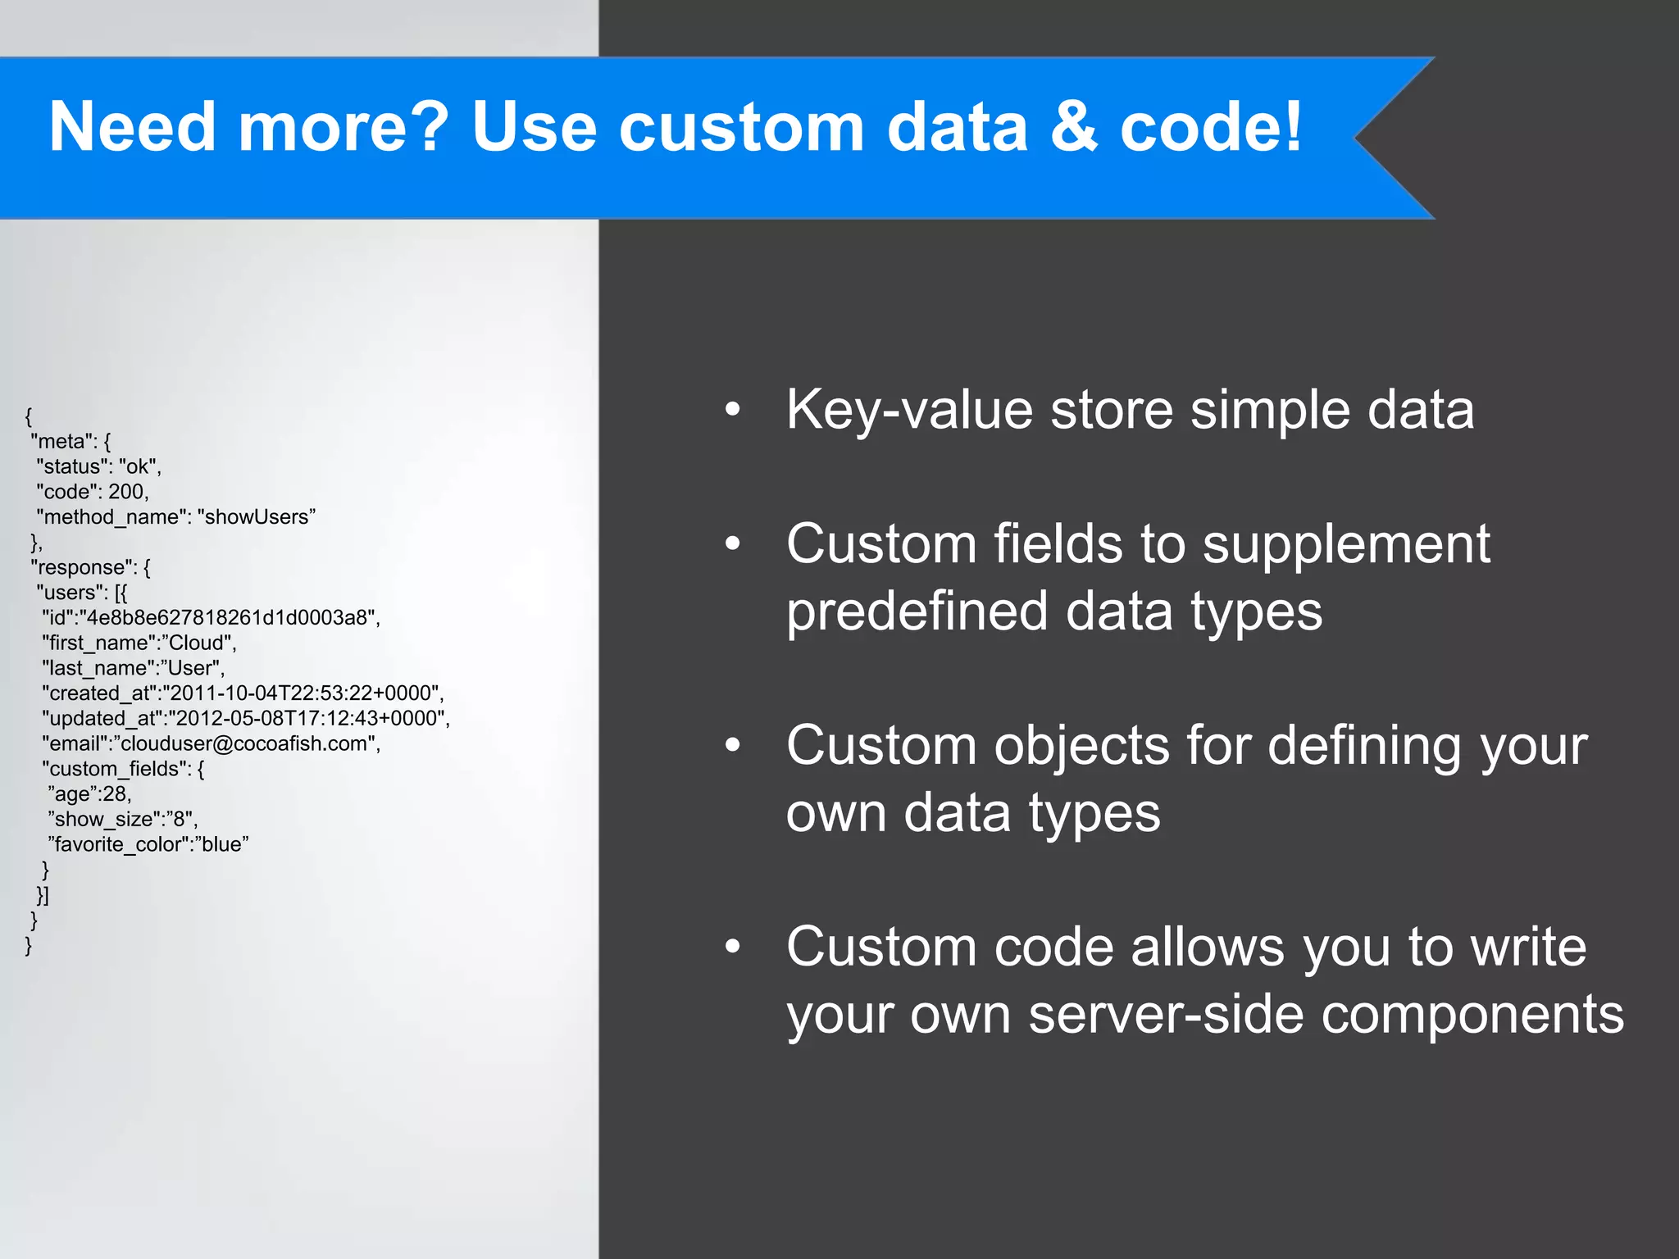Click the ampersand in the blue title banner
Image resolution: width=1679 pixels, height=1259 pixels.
pos(1074,127)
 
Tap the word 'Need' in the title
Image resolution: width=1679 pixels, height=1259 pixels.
pos(132,127)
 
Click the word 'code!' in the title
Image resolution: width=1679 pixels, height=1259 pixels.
pos(1210,127)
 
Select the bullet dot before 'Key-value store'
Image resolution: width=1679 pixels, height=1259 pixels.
pos(732,409)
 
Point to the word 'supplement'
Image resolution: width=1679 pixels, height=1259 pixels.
pos(1345,544)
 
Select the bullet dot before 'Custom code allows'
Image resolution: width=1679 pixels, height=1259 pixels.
pos(732,947)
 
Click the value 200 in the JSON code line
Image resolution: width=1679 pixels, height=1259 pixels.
pos(127,492)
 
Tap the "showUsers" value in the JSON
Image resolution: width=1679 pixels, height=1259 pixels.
pos(256,517)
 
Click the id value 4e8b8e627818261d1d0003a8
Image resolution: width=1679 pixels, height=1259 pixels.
pos(229,618)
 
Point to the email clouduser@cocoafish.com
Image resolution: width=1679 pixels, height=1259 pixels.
pos(245,744)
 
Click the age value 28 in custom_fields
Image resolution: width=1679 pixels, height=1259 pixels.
pos(114,794)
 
